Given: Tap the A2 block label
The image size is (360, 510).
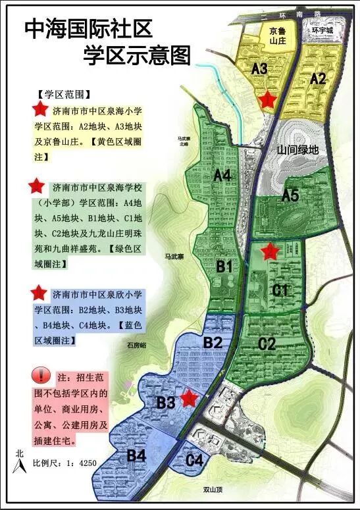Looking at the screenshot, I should pyautogui.click(x=318, y=79).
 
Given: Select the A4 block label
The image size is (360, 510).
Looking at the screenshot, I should pyautogui.click(x=222, y=175).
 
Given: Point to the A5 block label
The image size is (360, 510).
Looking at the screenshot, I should pyautogui.click(x=290, y=195).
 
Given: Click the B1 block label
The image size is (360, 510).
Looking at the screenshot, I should pyautogui.click(x=225, y=267).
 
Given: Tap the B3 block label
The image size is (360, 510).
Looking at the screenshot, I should pyautogui.click(x=165, y=402).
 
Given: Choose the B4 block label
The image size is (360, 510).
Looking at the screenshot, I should pyautogui.click(x=136, y=455).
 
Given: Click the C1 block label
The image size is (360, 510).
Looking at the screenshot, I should pyautogui.click(x=281, y=290).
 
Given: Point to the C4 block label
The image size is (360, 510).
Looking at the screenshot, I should pyautogui.click(x=193, y=460).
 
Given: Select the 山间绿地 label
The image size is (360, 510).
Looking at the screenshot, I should pyautogui.click(x=297, y=149).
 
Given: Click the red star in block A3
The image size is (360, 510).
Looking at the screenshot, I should pyautogui.click(x=267, y=99).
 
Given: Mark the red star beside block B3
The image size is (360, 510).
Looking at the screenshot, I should pyautogui.click(x=190, y=397).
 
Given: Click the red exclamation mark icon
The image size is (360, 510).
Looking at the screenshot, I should pyautogui.click(x=41, y=376).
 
